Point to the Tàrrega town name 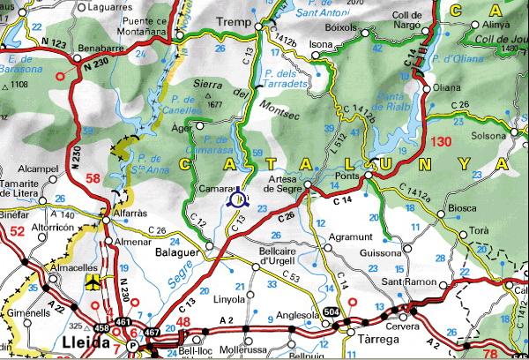365,337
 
